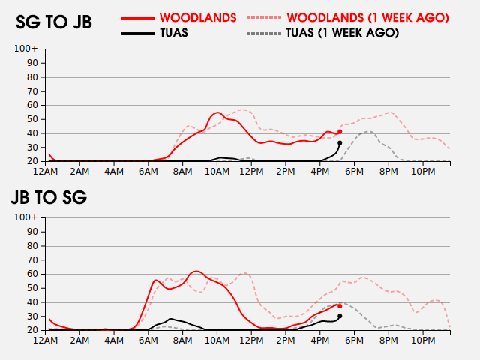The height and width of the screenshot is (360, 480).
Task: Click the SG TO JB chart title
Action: [x=54, y=22]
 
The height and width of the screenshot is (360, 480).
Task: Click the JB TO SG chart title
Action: [x=49, y=197]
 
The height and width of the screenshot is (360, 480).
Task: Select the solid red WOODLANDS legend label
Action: [x=198, y=18]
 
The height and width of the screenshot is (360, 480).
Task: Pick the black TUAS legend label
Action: [x=174, y=33]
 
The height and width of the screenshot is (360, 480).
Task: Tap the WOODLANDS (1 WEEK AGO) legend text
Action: [x=368, y=18]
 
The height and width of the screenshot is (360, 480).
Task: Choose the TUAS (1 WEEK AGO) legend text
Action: [x=343, y=33]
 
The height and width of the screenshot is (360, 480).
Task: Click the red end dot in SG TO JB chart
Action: [x=340, y=132]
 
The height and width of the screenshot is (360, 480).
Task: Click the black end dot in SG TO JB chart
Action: [x=340, y=143]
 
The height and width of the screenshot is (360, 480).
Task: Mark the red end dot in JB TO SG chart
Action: [x=340, y=306]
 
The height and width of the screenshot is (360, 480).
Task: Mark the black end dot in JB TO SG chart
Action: [x=340, y=316]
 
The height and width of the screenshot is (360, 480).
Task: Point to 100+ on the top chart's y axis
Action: [x=26, y=49]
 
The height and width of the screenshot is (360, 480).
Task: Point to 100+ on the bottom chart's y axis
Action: [x=26, y=217]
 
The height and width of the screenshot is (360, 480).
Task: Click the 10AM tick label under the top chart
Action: [x=217, y=172]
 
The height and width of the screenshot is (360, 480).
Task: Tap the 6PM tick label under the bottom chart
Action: [x=354, y=340]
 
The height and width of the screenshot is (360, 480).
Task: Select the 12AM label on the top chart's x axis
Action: [x=45, y=172]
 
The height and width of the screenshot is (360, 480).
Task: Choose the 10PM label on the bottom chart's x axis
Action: [x=423, y=340]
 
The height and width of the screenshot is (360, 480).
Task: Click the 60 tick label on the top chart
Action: [x=32, y=105]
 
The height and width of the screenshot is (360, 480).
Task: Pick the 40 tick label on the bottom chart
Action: [x=32, y=302]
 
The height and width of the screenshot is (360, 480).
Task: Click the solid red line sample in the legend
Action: [x=138, y=18]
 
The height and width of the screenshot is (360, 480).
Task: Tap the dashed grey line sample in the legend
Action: [x=263, y=33]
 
